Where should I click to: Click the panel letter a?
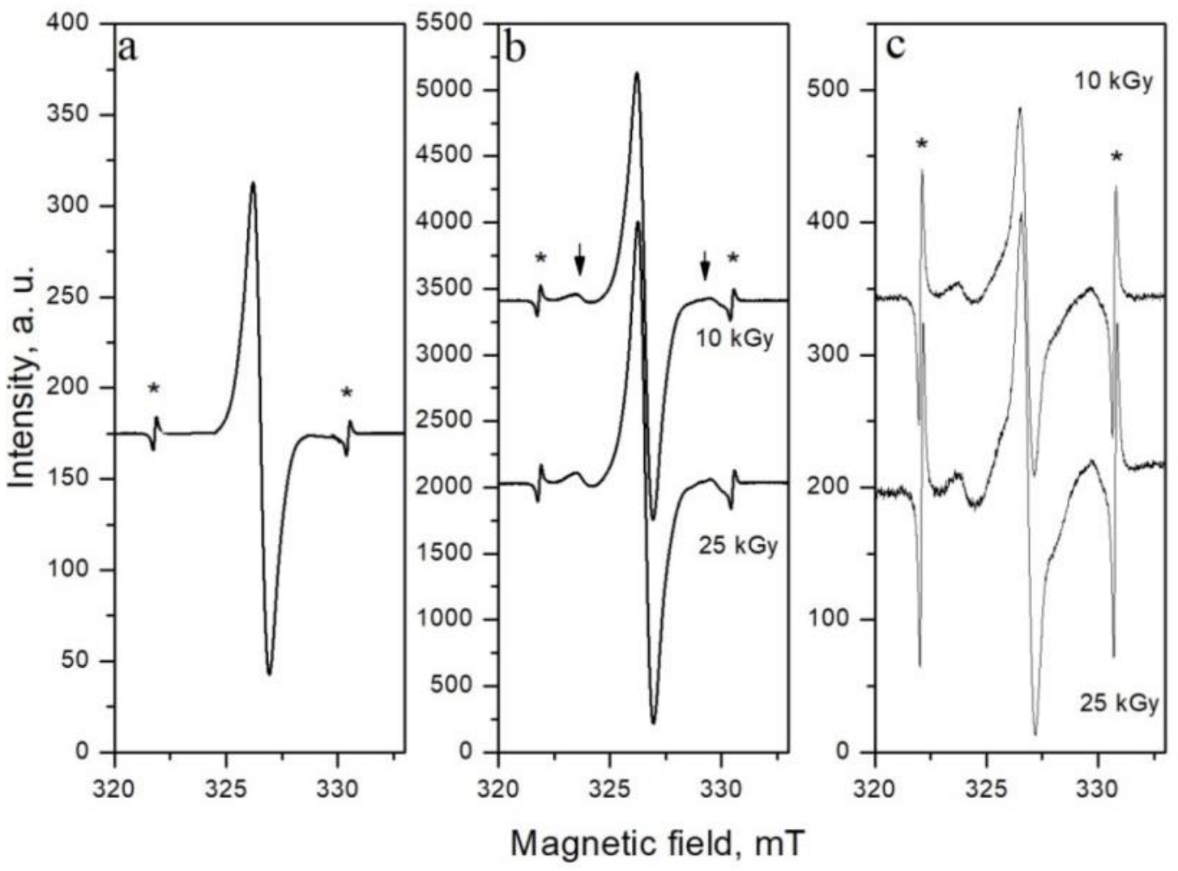click(128, 48)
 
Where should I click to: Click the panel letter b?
click(514, 48)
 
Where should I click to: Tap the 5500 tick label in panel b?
click(450, 23)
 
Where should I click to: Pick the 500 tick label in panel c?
click(834, 90)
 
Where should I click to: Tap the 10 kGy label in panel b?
click(735, 338)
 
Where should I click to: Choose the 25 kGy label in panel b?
click(737, 545)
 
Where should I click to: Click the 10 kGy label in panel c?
click(1113, 82)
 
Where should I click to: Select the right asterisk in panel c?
click(1116, 156)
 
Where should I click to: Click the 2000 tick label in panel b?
click(450, 487)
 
